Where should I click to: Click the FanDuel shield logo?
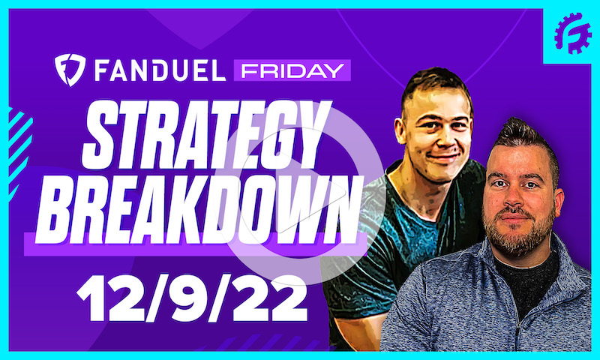click(70, 69)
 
